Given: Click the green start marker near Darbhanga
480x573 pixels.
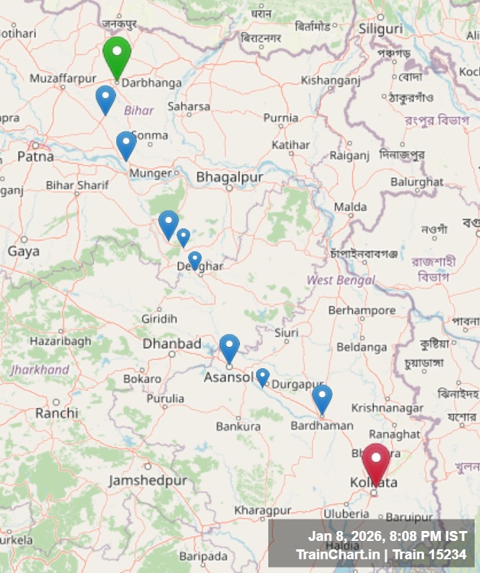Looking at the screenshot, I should [x=117, y=56].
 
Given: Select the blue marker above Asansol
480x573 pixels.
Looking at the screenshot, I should [x=229, y=348].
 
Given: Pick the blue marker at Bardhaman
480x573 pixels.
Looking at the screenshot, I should [x=323, y=398].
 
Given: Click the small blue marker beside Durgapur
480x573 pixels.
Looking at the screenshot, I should [x=262, y=377].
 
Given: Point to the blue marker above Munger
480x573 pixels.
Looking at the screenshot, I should [x=126, y=144].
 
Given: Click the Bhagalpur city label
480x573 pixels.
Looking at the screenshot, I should [x=229, y=177].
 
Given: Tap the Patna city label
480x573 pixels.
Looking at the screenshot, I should [x=35, y=156].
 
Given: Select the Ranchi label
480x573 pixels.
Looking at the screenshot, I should [x=57, y=413].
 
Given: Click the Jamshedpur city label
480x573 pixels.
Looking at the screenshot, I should [x=148, y=481].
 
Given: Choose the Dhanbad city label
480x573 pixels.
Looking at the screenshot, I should [x=172, y=344].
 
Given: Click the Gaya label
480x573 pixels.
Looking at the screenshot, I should [x=23, y=251].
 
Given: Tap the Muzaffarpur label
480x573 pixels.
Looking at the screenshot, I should [x=63, y=78].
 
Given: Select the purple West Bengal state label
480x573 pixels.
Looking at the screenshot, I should [x=341, y=280].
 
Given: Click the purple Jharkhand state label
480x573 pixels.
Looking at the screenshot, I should [x=40, y=370].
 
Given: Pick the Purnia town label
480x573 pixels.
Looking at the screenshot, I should [x=281, y=118].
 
